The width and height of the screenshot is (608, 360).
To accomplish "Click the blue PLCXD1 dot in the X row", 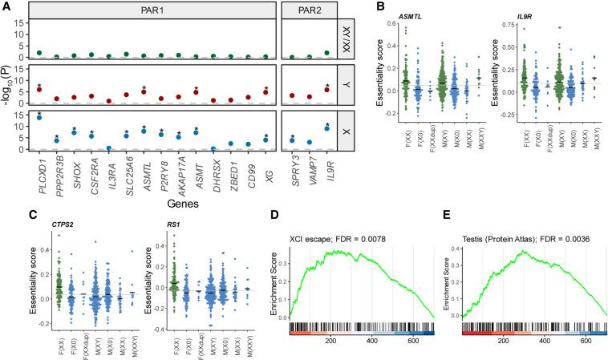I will tap(39, 117).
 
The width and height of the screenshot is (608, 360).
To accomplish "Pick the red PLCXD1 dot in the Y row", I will tap(39, 89).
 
